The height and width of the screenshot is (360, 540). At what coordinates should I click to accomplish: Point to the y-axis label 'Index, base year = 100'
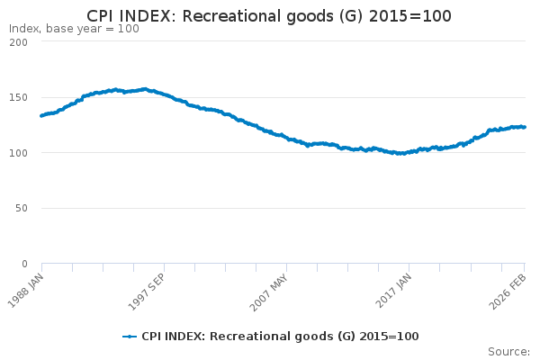click(x=74, y=29)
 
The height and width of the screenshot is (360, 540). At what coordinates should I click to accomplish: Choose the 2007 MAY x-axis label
click(x=271, y=289)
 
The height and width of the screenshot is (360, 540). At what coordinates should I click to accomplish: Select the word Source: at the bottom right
click(x=508, y=352)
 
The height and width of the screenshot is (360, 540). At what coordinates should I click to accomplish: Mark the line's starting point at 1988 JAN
click(x=41, y=115)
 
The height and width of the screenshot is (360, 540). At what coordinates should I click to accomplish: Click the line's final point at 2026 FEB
click(x=525, y=127)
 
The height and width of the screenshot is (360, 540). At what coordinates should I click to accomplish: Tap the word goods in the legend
click(x=318, y=337)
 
